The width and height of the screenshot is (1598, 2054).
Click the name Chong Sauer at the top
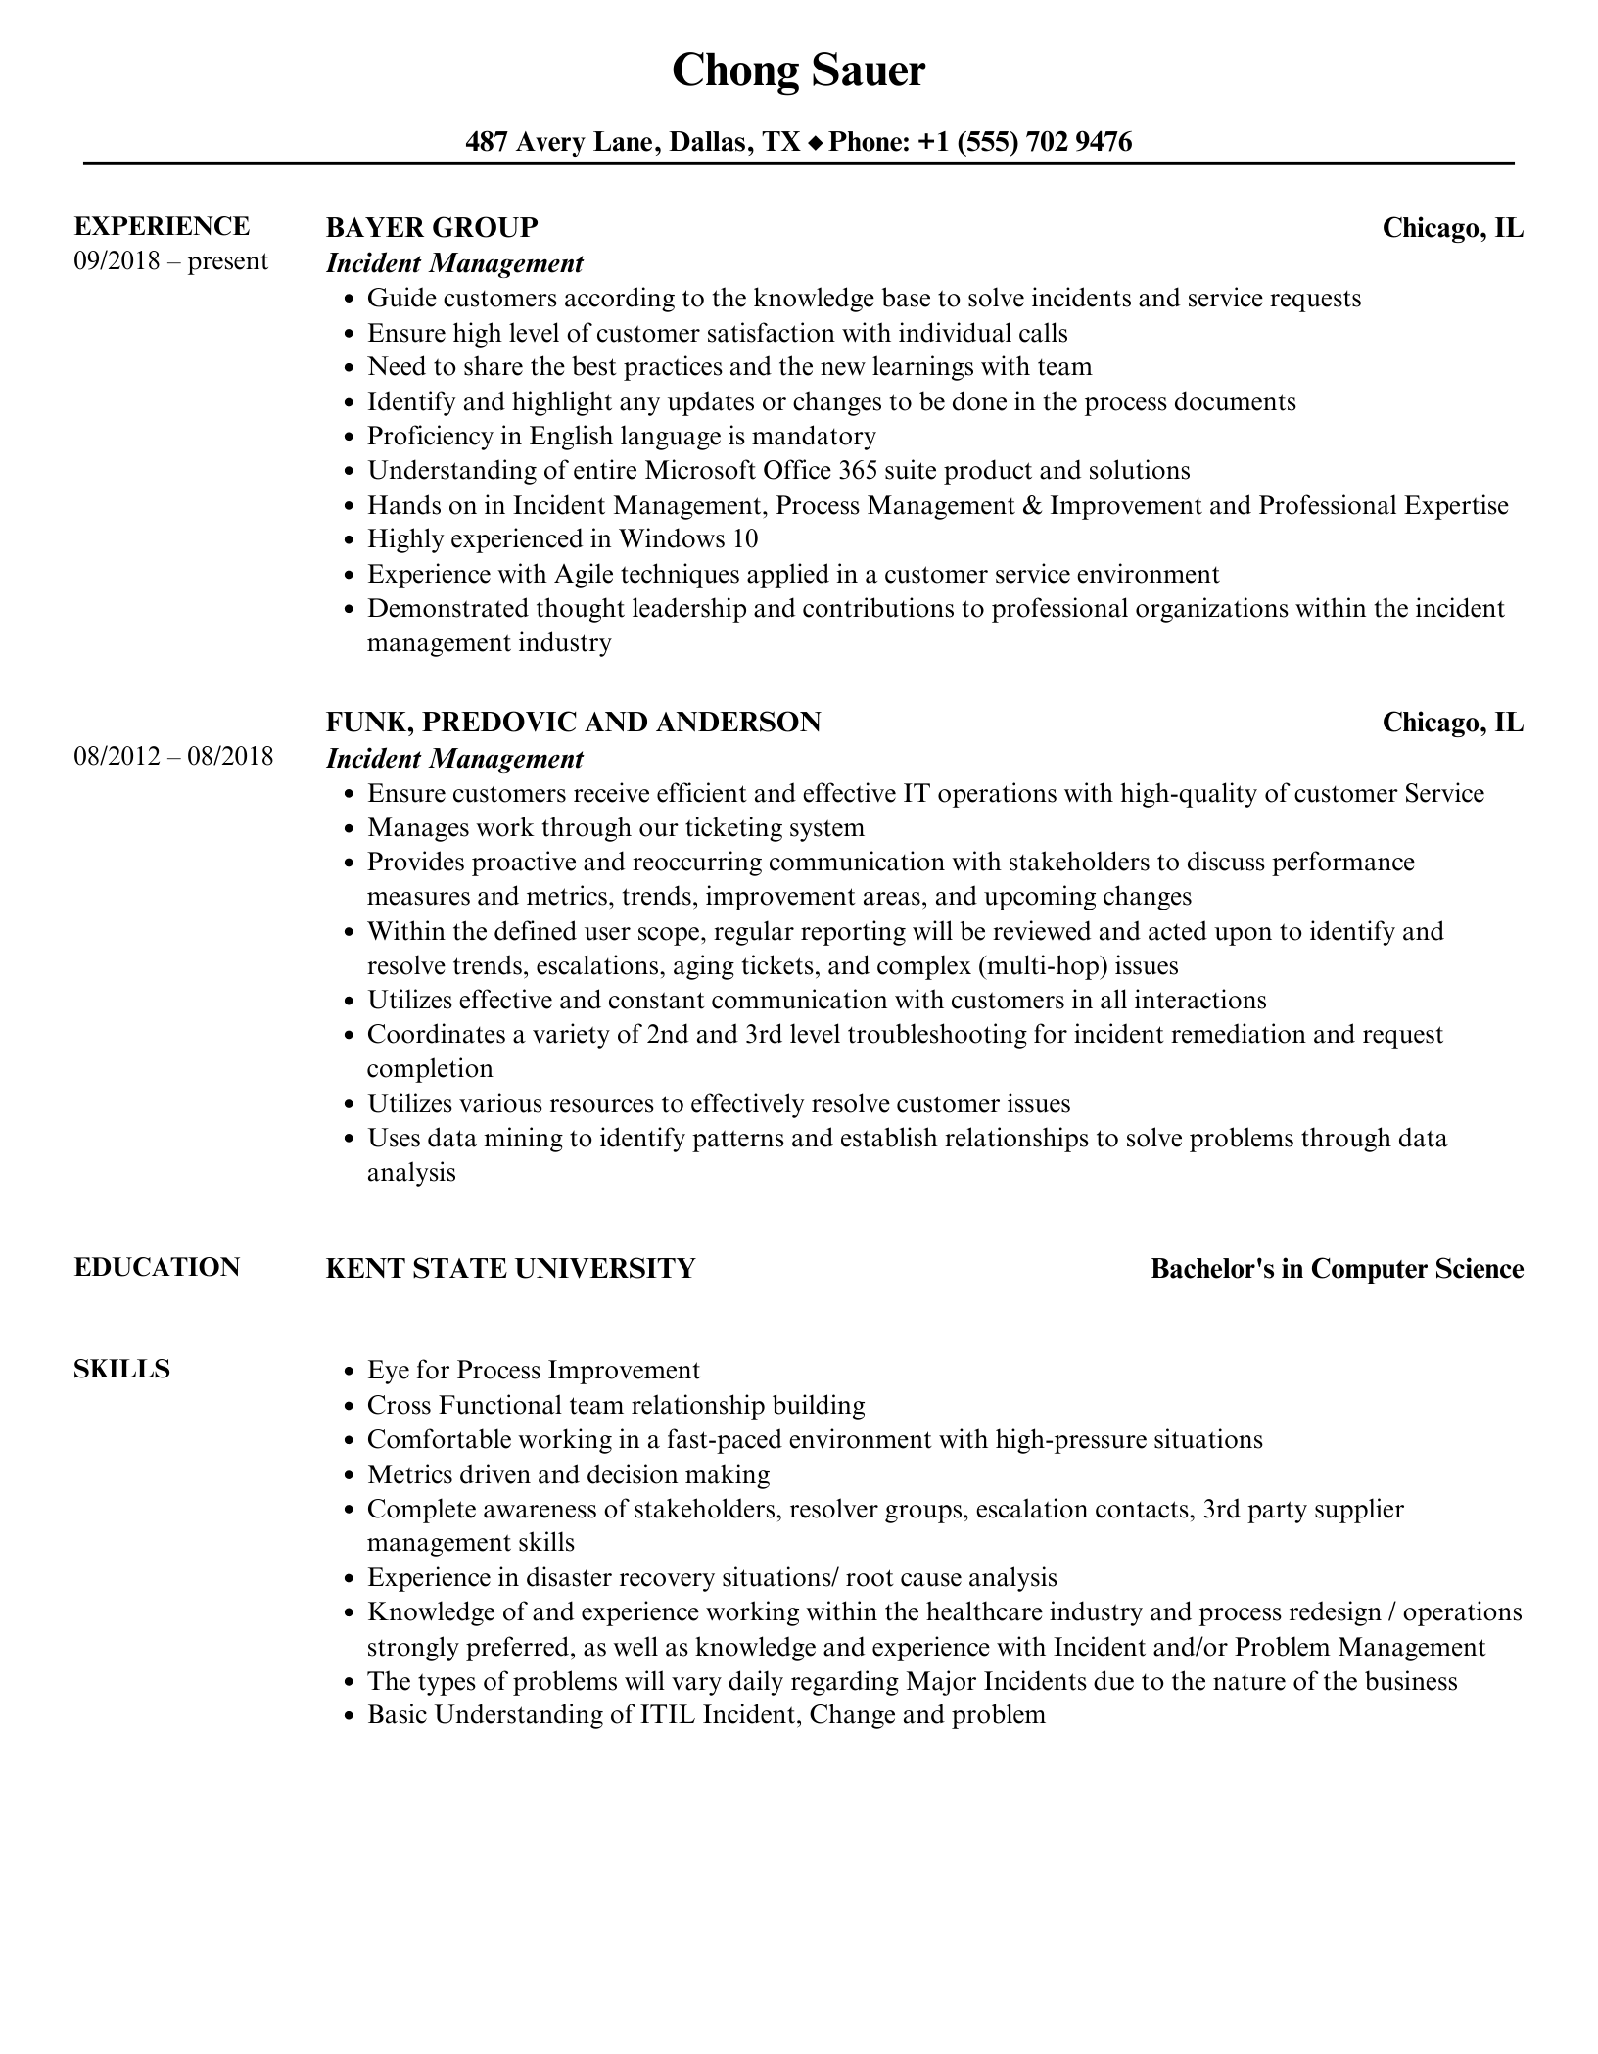point(798,71)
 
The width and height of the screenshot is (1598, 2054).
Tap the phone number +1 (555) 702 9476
point(1024,143)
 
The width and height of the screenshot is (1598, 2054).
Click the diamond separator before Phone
point(816,144)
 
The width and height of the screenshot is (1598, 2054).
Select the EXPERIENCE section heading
point(162,226)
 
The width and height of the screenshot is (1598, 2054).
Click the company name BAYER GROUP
point(432,227)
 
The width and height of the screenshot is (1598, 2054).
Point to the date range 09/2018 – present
point(170,261)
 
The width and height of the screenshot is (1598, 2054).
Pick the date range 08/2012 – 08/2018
point(173,757)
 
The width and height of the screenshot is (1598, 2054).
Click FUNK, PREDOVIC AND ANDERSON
point(573,723)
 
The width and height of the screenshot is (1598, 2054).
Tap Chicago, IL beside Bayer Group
point(1452,228)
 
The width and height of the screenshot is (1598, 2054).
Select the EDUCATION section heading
point(157,1267)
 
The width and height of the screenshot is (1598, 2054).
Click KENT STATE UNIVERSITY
point(510,1269)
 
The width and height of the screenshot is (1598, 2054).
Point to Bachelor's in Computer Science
point(1337,1269)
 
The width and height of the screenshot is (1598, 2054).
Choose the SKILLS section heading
point(121,1369)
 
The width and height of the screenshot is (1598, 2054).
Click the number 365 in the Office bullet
point(858,471)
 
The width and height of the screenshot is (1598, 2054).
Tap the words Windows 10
point(688,539)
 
